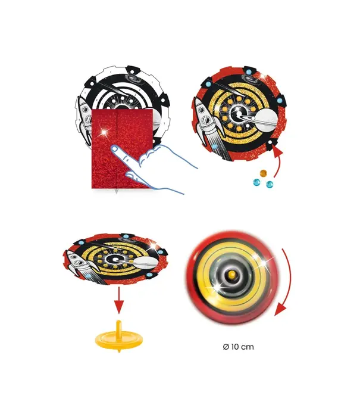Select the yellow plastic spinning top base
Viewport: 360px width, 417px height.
pos(120,339)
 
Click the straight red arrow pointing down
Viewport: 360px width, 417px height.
pos(119,301)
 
